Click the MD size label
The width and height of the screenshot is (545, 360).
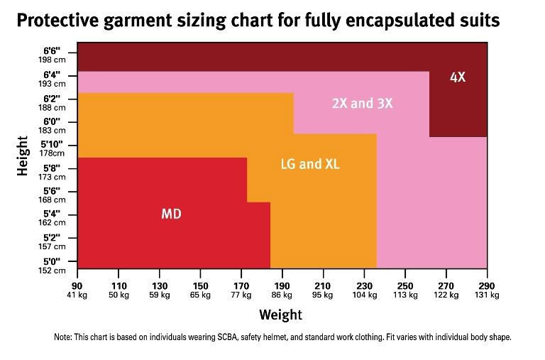(x=171, y=213)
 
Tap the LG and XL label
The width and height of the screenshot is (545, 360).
(x=310, y=164)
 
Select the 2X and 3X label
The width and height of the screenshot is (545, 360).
(x=362, y=104)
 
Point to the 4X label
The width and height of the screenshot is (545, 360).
(x=458, y=77)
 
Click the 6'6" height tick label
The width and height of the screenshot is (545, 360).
(x=52, y=51)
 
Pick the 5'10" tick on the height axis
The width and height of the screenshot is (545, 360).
(x=52, y=144)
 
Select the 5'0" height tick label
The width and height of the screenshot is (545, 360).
(x=52, y=261)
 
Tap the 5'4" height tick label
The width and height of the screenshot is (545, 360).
(x=52, y=214)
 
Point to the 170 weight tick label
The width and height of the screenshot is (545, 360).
(x=241, y=285)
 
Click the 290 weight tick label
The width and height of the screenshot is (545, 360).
(x=488, y=285)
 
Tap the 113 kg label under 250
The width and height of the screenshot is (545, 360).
(x=405, y=295)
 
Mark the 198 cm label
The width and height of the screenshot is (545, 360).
(x=52, y=60)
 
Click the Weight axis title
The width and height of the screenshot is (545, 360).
(x=280, y=315)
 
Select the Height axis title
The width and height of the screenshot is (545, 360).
(x=22, y=156)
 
